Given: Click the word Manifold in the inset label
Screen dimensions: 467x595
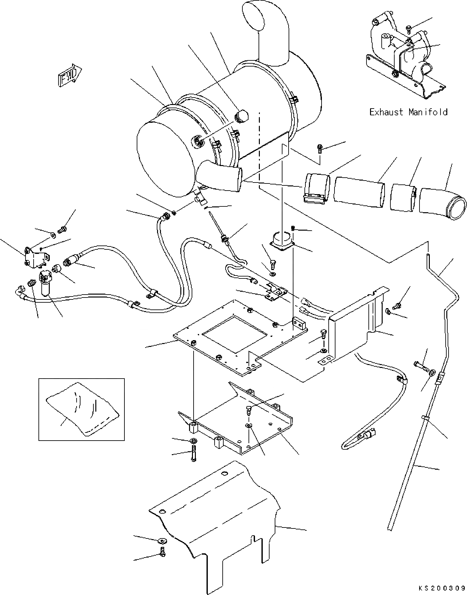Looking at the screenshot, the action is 428,112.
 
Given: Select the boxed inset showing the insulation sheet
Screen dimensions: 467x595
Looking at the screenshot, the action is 81,409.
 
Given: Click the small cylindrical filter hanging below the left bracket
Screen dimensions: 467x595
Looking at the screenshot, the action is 45,283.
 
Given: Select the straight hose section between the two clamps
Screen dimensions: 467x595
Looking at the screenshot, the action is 359,193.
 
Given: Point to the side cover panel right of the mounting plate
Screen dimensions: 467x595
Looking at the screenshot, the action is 356,326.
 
